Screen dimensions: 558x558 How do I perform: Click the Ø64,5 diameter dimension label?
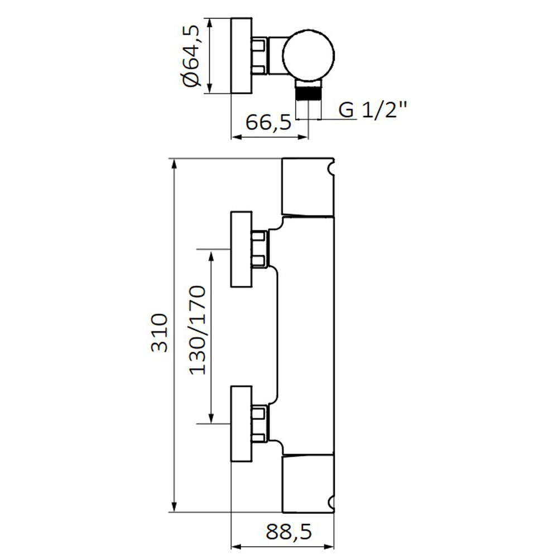pos(192,55)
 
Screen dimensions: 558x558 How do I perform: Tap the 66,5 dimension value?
pos(268,122)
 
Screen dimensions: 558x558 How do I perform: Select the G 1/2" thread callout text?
pos(373,110)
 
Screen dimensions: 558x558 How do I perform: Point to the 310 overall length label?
pos(160,333)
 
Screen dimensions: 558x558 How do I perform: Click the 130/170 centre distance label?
pos(198,330)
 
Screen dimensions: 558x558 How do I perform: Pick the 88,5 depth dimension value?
pos(288,532)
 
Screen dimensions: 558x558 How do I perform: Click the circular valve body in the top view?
pos(309,55)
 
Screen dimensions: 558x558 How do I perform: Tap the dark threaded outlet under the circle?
pos(309,93)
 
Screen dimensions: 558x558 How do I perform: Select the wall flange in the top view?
pos(242,56)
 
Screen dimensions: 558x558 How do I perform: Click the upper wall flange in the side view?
pos(242,249)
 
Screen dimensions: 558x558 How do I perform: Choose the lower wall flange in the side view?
pos(242,424)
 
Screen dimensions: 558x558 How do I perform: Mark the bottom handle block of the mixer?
pos(308,484)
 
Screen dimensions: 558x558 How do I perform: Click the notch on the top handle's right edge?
pos(331,167)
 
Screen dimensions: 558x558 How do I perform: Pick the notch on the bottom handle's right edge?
pos(331,503)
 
